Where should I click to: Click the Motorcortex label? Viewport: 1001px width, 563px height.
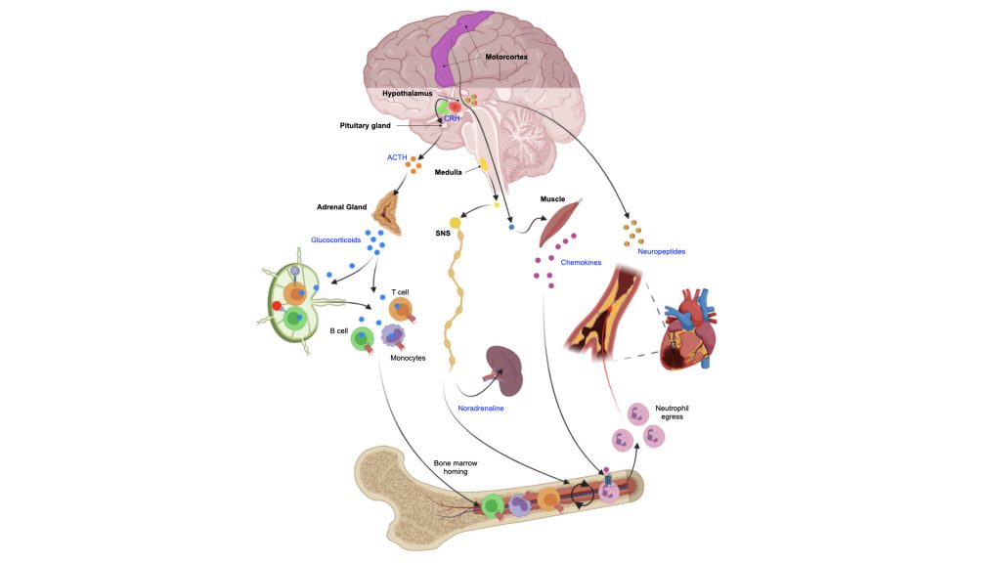tap(506, 58)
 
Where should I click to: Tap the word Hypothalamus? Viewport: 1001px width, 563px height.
tap(408, 94)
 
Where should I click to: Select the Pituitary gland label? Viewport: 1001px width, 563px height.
tap(366, 126)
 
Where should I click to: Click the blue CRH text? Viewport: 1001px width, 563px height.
tap(452, 118)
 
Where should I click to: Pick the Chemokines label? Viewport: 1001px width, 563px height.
tap(582, 263)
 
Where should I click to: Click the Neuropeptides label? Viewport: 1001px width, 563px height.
tap(661, 251)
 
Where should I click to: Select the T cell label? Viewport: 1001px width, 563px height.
tap(400, 291)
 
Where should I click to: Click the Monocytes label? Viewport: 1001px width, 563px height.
tap(408, 358)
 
